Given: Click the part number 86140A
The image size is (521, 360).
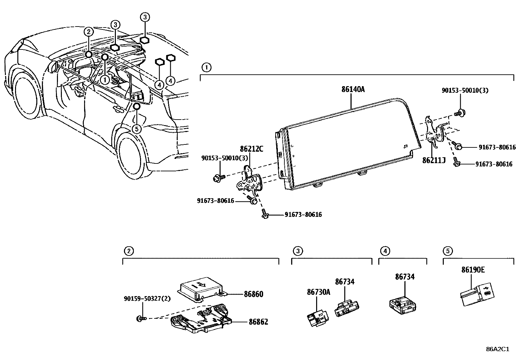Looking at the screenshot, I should [x=353, y=89].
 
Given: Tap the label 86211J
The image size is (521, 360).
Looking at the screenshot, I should [x=434, y=161].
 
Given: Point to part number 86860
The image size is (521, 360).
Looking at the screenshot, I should [x=253, y=294].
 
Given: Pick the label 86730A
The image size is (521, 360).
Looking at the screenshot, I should [x=318, y=292].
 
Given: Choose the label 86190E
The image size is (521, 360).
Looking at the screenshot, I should [x=473, y=270].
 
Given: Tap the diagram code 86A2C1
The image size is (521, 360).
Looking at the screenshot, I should [x=497, y=349].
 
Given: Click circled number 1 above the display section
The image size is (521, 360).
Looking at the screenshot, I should [x=206, y=68].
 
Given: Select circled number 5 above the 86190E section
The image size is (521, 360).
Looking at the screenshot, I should [x=447, y=251].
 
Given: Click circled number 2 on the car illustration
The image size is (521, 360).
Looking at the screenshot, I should [x=89, y=32].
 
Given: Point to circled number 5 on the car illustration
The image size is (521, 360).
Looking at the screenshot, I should [x=137, y=129].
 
